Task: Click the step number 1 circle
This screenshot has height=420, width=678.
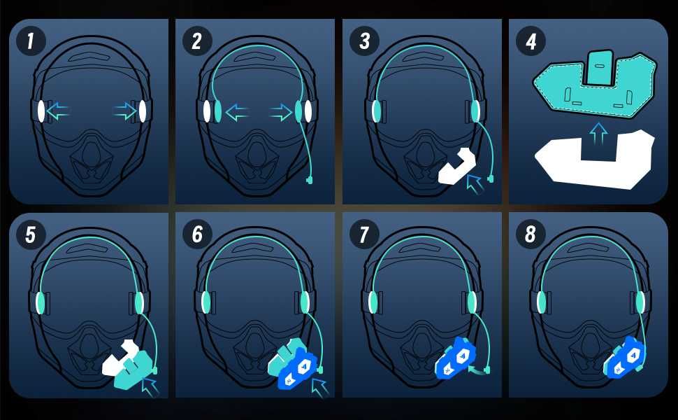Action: point(30,41)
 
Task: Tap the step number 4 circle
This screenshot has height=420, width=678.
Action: point(531,41)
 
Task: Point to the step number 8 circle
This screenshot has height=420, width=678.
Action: point(531,234)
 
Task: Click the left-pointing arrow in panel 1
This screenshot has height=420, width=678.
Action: point(59,110)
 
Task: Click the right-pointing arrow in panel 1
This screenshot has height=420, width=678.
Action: point(126,110)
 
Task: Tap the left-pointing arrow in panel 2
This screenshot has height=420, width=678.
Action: point(238,111)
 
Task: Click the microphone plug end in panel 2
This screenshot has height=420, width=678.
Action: point(310,180)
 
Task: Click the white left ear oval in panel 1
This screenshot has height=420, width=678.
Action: point(41,111)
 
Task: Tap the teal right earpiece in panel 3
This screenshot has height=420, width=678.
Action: point(475,110)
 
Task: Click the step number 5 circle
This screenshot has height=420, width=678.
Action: point(30,234)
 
